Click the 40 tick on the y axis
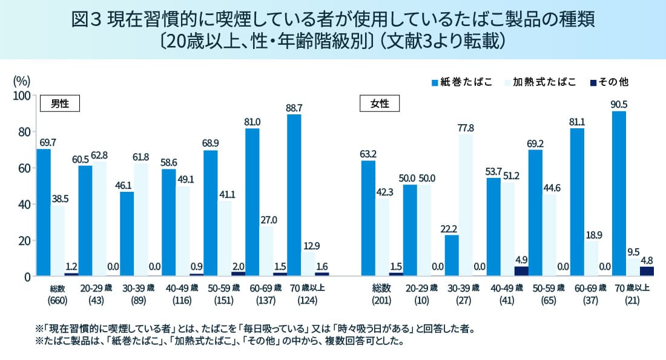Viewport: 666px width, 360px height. pyautogui.click(x=24, y=205)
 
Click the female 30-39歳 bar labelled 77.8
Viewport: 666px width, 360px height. pyautogui.click(x=466, y=206)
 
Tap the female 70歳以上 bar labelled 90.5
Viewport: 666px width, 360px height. pyautogui.click(x=619, y=194)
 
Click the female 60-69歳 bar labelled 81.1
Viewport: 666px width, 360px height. pyautogui.click(x=576, y=202)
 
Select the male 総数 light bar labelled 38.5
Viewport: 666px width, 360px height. pyautogui.click(x=58, y=241)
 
